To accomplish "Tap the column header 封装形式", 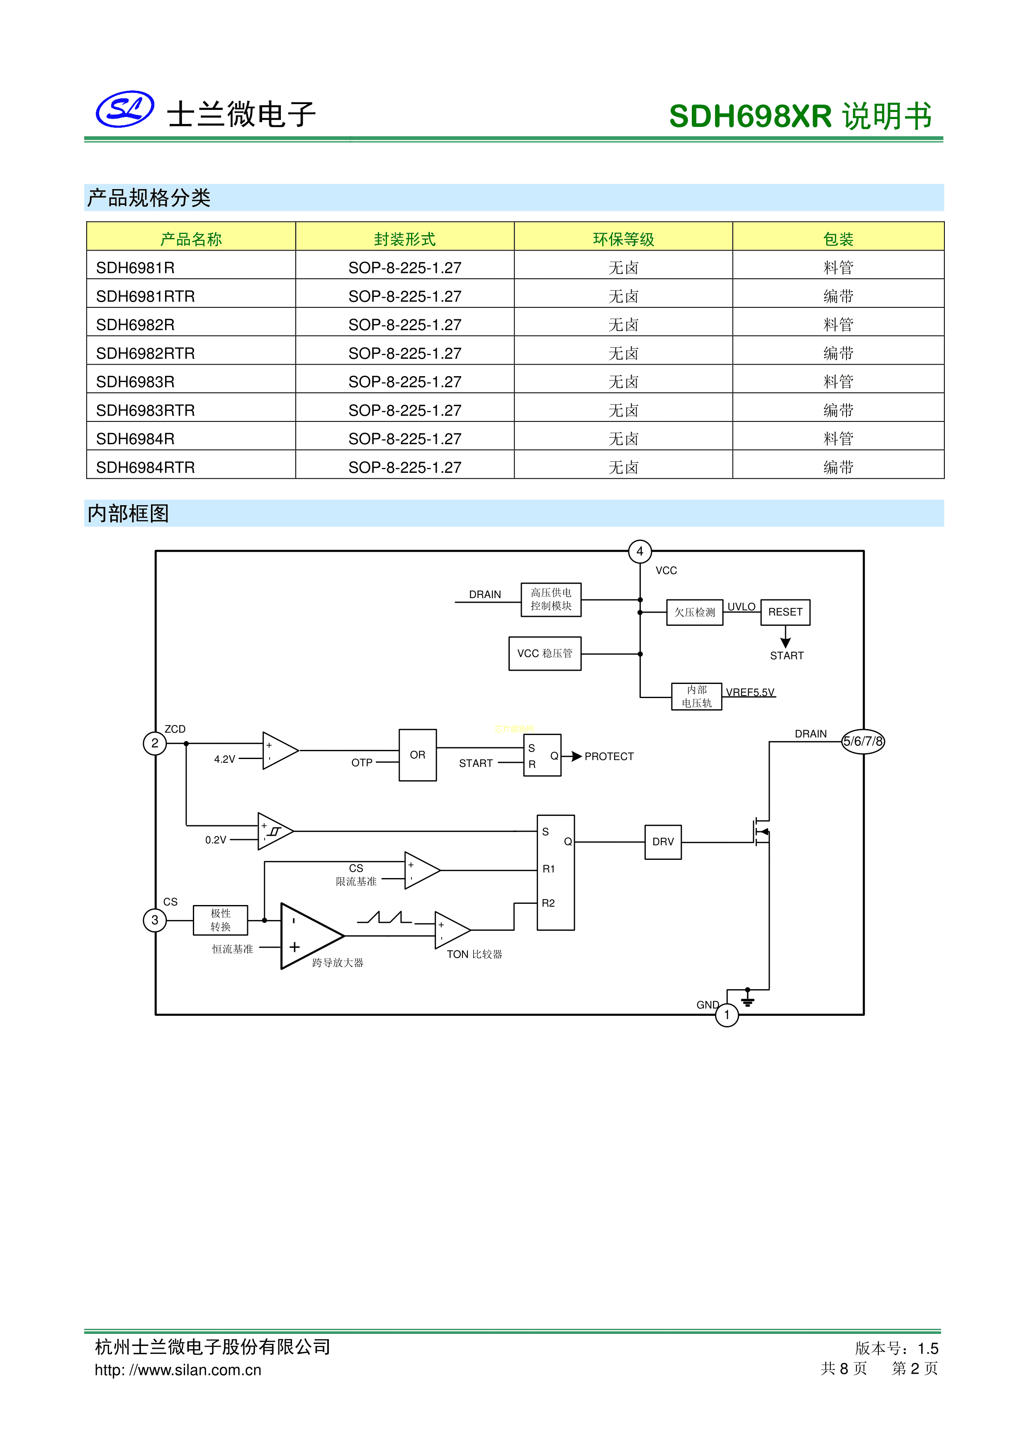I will tap(404, 239).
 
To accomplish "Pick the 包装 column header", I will tap(838, 239).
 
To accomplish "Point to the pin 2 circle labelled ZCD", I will tap(155, 743).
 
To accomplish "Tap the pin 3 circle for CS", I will tap(155, 920).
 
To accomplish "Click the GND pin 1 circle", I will tap(727, 1015).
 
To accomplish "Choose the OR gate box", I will tap(418, 755).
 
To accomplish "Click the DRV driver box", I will tap(663, 842).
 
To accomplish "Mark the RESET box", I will tap(785, 612).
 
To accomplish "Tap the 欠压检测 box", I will tap(694, 612).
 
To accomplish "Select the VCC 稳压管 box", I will tap(545, 653).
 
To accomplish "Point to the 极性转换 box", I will tap(221, 920).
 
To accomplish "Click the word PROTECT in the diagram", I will tap(609, 756).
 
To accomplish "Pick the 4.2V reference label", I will tap(224, 759).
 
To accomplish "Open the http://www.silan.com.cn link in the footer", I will tap(178, 1370).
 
